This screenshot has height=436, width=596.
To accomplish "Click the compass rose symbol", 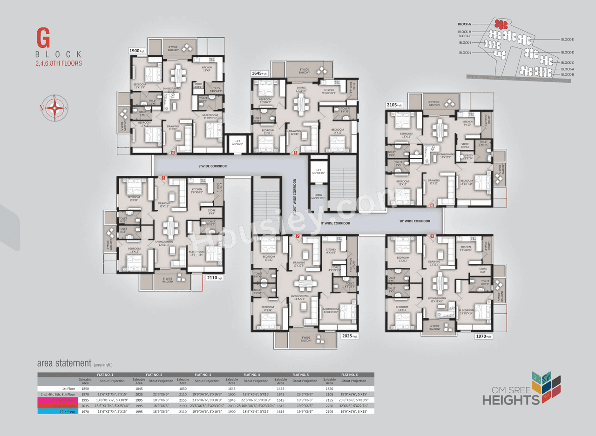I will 55,108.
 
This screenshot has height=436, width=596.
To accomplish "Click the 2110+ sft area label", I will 214,278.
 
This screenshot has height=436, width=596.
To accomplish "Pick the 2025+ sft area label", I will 350,336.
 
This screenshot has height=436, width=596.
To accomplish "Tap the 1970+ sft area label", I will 484,336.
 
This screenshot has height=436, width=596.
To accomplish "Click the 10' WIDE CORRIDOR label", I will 415,221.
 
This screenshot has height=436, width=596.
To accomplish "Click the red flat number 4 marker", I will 173,152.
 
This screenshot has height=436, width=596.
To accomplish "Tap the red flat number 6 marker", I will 432,205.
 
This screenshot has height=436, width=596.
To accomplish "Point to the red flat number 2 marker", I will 298,236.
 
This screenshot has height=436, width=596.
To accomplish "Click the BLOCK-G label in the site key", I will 464,24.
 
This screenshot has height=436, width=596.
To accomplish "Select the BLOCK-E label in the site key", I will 567,40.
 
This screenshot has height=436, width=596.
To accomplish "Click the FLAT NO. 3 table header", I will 203,375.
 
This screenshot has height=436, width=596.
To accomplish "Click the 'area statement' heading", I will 64,363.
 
